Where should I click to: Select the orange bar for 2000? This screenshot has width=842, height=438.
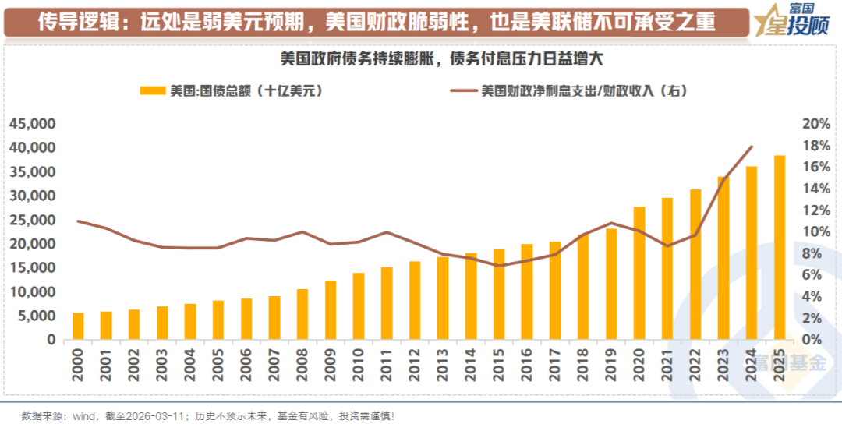coord(78,326)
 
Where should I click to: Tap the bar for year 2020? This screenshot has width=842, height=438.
coord(639,273)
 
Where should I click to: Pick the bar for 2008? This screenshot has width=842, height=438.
coord(302,314)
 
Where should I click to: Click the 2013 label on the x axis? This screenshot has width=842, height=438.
coord(443,364)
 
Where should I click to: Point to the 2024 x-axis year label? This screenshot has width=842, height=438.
coord(752,364)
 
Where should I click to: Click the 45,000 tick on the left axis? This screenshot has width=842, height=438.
coord(33,124)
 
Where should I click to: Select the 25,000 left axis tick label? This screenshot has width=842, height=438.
coord(33,221)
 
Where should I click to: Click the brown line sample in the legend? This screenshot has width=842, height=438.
coord(463,91)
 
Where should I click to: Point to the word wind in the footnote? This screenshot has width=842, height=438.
coord(84,415)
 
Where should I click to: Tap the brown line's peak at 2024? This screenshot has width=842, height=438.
coord(752,147)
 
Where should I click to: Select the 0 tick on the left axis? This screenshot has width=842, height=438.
coord(51,340)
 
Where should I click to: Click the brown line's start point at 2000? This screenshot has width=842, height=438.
coord(78,221)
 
